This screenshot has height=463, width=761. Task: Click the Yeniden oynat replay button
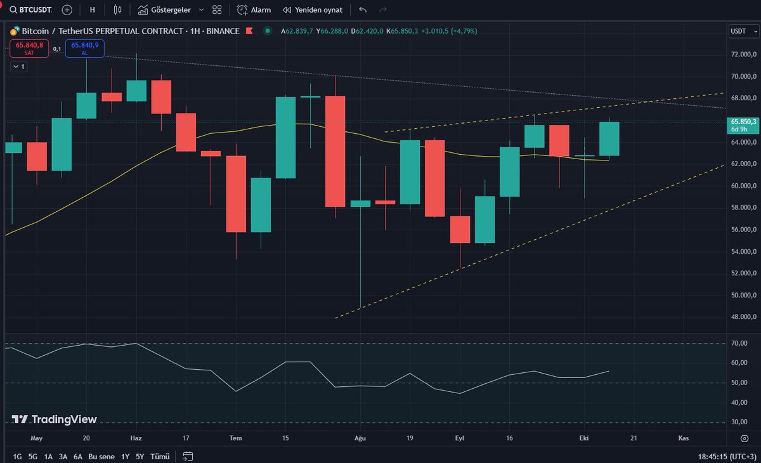313,10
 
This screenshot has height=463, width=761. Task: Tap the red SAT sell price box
29,48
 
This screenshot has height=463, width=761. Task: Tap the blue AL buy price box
84,48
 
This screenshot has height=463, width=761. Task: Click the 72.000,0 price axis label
744,55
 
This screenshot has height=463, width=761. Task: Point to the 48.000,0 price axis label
744,317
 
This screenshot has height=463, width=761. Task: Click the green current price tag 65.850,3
744,124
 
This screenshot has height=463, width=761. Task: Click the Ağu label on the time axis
360,438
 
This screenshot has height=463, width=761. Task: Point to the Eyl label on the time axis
460,438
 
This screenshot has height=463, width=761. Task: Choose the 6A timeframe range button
77,456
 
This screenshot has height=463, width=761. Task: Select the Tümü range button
160,456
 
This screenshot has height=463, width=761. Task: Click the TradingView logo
55,419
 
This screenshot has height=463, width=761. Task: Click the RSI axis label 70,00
739,344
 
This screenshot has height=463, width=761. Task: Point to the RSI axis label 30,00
739,422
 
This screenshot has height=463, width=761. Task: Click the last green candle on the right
609,139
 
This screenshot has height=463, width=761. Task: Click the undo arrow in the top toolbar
362,10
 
